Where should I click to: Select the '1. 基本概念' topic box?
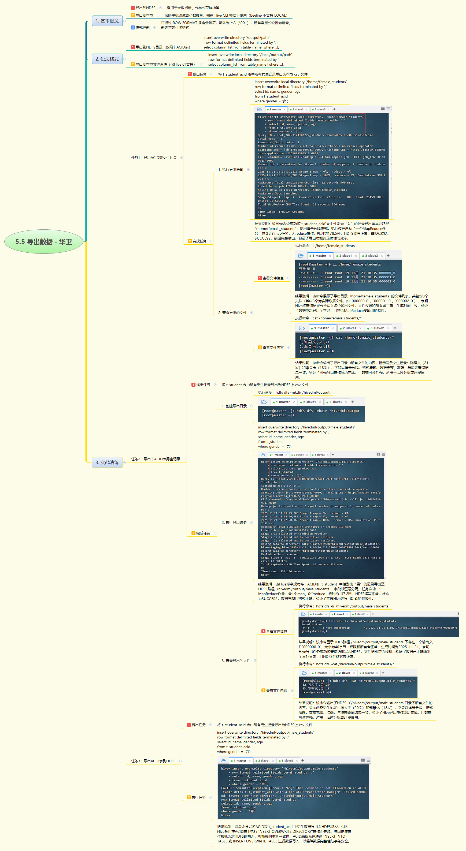107,21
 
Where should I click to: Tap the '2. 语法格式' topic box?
107,59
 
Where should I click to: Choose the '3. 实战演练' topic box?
107,462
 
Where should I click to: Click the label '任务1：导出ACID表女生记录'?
154,158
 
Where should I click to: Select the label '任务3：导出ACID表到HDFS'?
153,761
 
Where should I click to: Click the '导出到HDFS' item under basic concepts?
145,8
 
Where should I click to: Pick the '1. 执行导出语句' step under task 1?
230,169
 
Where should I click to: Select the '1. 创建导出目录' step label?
234,406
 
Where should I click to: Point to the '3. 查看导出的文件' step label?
236,661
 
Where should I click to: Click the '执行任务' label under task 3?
198,797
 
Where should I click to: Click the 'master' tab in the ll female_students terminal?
319,256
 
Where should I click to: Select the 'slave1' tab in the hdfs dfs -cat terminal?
346,673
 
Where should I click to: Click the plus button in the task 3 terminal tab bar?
302,760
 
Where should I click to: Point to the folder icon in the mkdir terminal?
264,402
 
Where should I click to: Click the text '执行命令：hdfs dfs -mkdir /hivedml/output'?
294,393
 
